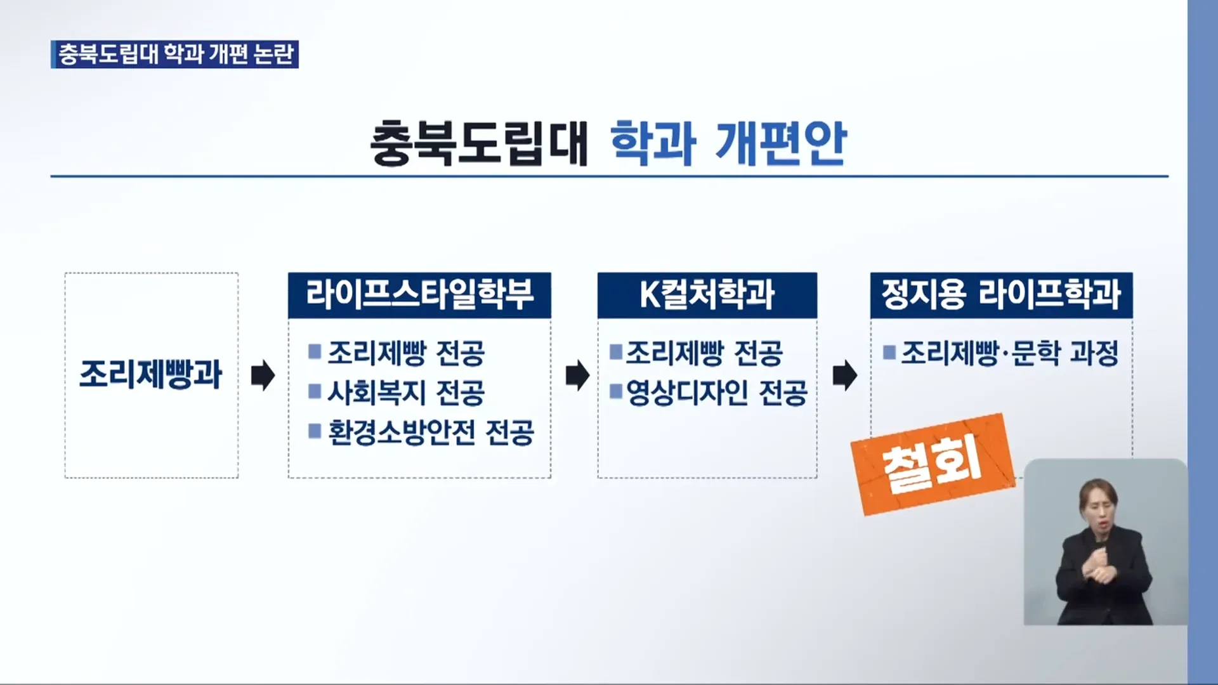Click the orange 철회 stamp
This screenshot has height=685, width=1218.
pyautogui.click(x=933, y=465)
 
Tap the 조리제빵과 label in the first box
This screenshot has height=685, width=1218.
pyautogui.click(x=151, y=374)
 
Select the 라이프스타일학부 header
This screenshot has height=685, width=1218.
pyautogui.click(x=419, y=295)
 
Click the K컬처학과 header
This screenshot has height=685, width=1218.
pyautogui.click(x=707, y=295)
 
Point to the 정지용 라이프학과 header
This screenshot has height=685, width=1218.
pyautogui.click(x=1001, y=295)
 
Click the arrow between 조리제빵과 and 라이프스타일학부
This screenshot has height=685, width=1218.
pyautogui.click(x=263, y=375)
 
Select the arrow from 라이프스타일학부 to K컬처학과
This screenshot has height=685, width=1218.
pyautogui.click(x=577, y=375)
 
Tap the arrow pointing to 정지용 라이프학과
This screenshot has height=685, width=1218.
pyautogui.click(x=844, y=375)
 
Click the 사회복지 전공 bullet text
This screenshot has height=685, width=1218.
pyautogui.click(x=406, y=393)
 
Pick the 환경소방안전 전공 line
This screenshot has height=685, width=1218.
pyautogui.click(x=431, y=433)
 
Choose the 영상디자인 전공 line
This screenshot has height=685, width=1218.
pyautogui.click(x=717, y=393)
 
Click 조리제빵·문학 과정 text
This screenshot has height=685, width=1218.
pyautogui.click(x=1009, y=353)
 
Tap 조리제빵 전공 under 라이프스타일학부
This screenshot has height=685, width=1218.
pyautogui.click(x=406, y=353)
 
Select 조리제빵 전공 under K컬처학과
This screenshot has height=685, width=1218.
pyautogui.click(x=704, y=353)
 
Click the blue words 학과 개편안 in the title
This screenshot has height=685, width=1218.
pyautogui.click(x=728, y=143)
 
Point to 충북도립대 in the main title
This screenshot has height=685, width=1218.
pyautogui.click(x=480, y=143)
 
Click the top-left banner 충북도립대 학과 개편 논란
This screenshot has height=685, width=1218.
pyautogui.click(x=174, y=55)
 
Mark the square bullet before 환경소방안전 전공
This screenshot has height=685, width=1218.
pyautogui.click(x=315, y=431)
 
